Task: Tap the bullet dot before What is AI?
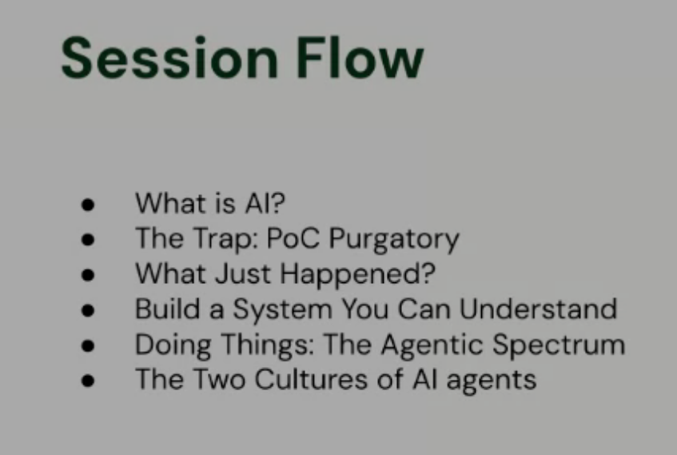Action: [x=88, y=205]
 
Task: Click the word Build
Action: [x=163, y=309]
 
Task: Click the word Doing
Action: [x=170, y=345]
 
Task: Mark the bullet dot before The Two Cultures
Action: [x=88, y=381]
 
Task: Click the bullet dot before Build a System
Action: [x=88, y=310]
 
